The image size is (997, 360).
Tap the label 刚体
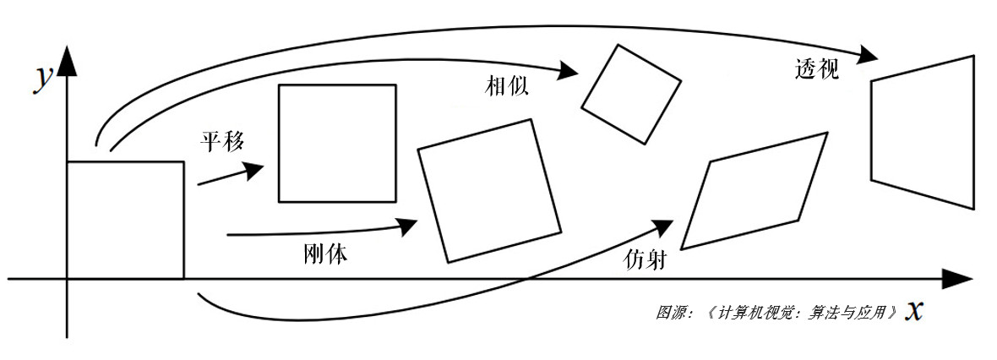324,254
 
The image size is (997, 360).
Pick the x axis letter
913,310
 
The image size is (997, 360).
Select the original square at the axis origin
125,219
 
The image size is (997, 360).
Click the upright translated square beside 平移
337,143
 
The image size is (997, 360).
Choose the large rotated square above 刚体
489,190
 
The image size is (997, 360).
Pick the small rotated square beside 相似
631,93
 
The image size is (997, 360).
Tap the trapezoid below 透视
923,132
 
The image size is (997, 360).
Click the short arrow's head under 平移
254,171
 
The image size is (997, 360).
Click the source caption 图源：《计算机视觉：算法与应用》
776,311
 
